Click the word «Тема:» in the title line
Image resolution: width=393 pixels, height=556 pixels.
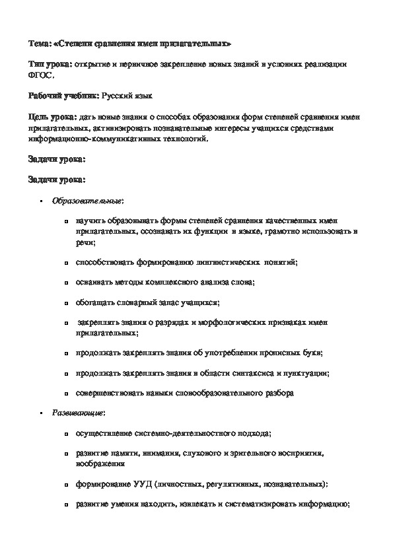pyautogui.click(x=39, y=44)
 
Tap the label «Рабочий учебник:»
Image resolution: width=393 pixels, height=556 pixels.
pyautogui.click(x=63, y=96)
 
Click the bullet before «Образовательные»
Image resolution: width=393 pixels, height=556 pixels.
pyautogui.click(x=42, y=200)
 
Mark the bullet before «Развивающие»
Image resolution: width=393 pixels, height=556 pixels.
pyautogui.click(x=42, y=413)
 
